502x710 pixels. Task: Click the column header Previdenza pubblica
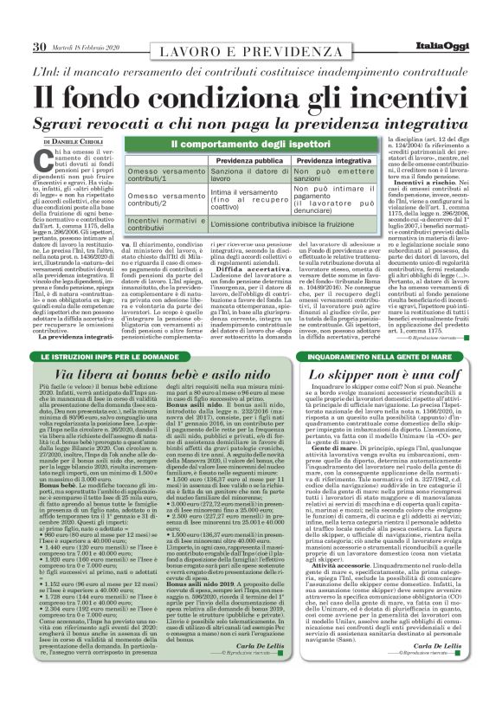pyautogui.click(x=247, y=160)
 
